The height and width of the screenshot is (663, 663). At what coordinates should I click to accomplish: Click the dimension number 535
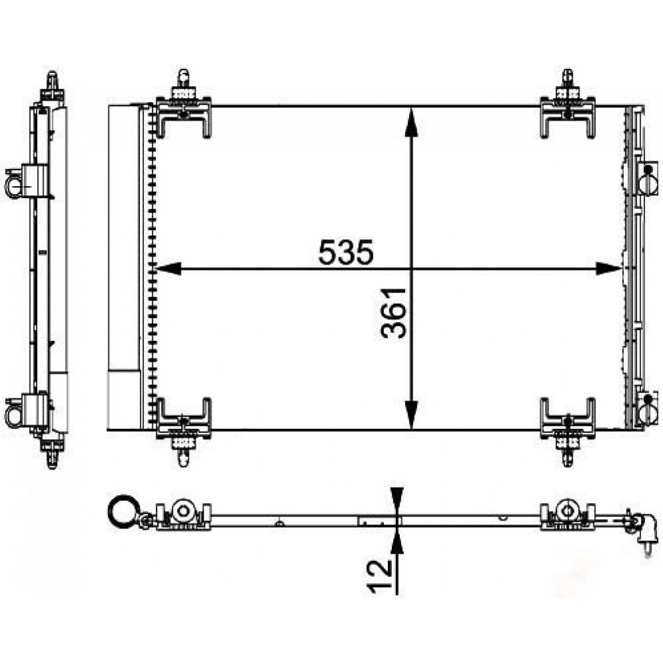tap(346, 252)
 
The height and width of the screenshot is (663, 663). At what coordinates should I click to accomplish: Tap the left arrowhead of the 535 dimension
tap(166, 269)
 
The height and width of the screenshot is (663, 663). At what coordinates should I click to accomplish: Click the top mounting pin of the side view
tap(52, 82)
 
